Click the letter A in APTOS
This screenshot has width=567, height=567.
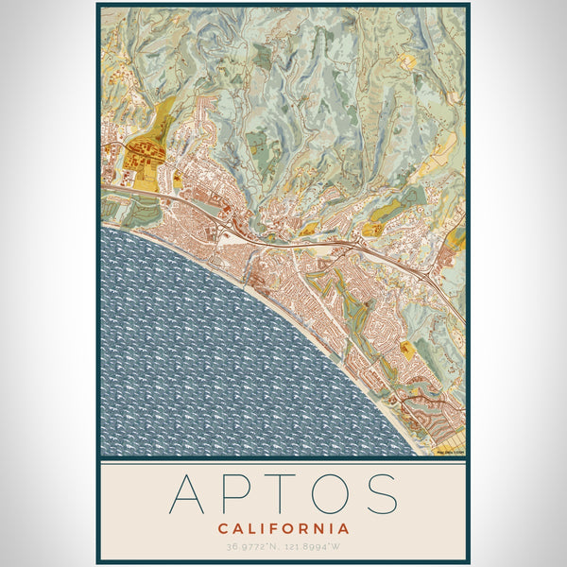coord(188,493)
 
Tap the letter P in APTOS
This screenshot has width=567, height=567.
coord(237,493)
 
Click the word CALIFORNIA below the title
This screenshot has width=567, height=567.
coord(283,528)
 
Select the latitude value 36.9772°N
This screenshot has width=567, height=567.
coord(252,546)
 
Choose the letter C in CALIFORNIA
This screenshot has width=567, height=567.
coord(222,528)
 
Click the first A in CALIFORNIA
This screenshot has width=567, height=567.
coord(236,528)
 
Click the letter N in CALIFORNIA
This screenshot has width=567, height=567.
coord(317,528)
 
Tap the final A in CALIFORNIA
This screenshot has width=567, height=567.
coord(344,528)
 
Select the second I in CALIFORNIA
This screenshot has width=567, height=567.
coord(330,528)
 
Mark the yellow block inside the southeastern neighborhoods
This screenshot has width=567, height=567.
coord(408,349)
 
